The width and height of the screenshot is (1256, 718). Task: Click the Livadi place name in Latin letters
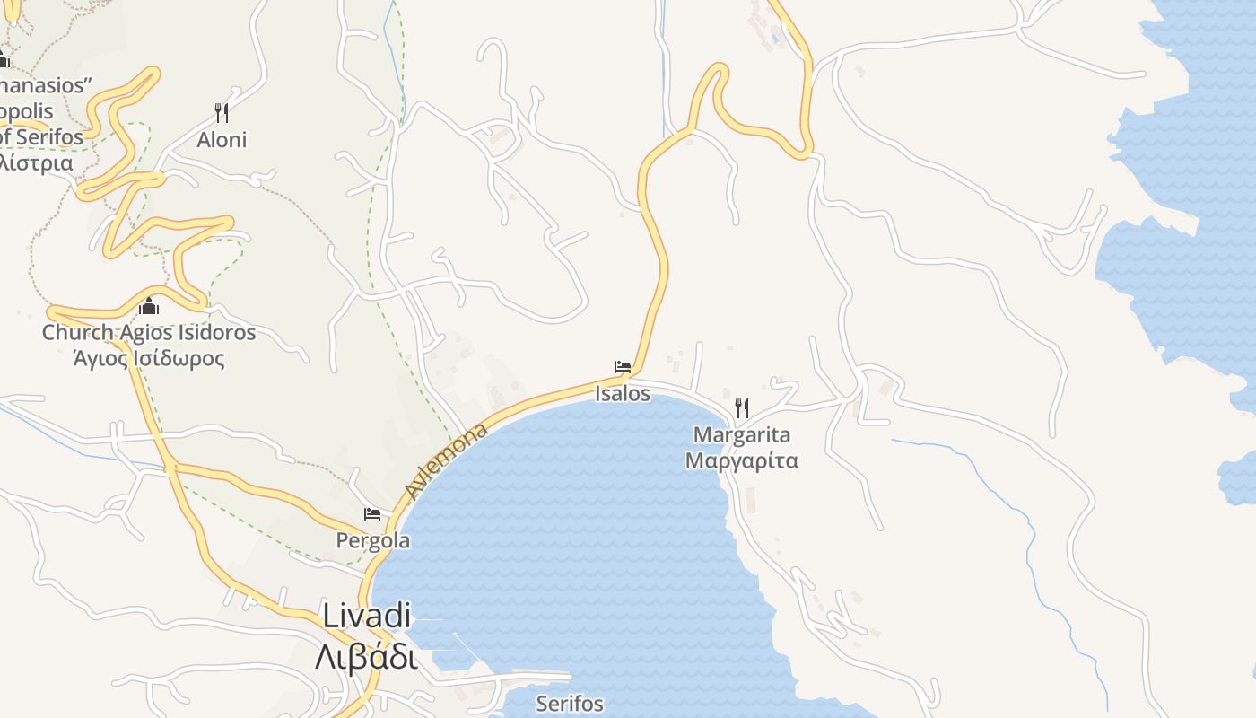(x=366, y=617)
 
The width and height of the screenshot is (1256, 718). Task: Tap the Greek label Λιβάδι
(x=366, y=657)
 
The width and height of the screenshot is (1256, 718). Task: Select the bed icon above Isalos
(x=623, y=366)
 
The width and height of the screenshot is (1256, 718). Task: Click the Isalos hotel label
(x=623, y=393)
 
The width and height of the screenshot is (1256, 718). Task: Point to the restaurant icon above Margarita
(x=742, y=408)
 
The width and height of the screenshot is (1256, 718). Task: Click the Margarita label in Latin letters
(x=742, y=435)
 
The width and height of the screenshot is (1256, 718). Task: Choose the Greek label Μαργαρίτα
(x=742, y=461)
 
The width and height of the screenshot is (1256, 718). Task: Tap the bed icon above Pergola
(x=372, y=514)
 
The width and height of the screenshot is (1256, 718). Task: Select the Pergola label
(x=373, y=541)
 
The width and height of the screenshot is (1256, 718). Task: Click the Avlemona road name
(x=446, y=461)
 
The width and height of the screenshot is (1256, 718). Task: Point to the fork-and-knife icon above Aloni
(x=222, y=112)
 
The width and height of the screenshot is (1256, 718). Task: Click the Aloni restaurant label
(x=222, y=140)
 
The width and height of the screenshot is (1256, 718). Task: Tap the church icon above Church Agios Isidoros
(x=149, y=307)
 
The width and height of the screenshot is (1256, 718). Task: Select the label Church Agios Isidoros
(x=149, y=333)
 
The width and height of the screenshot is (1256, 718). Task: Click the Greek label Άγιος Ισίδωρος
(x=149, y=359)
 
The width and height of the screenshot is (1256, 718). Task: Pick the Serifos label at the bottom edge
(x=570, y=704)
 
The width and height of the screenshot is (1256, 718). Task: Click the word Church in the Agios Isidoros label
(x=78, y=333)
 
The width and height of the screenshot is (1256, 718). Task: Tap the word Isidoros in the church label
(x=215, y=333)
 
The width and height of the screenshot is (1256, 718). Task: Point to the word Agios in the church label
(x=144, y=334)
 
